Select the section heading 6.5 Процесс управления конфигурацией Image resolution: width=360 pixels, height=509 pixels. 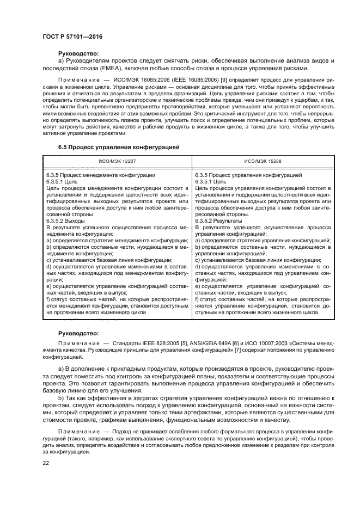pos(119,147)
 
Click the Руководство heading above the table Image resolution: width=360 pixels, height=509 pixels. pos(78,53)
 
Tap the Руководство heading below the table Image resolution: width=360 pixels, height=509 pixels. pos(78,333)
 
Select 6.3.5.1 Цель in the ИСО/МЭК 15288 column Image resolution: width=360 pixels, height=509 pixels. pos(206,181)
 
